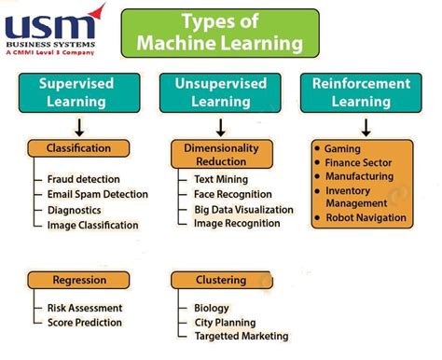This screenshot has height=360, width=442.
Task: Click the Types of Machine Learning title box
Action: click(220, 32)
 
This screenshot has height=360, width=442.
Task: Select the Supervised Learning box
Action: click(76, 91)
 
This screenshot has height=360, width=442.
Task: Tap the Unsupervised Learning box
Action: click(220, 91)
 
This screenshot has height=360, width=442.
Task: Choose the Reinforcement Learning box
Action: click(363, 91)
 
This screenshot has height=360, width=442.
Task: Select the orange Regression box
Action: click(78, 280)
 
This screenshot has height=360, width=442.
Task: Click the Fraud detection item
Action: click(85, 179)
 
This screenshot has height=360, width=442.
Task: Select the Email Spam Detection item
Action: click(97, 194)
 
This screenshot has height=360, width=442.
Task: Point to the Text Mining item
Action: click(222, 178)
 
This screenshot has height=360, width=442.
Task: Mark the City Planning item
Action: click(225, 323)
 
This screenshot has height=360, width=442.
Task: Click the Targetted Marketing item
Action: click(241, 337)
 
